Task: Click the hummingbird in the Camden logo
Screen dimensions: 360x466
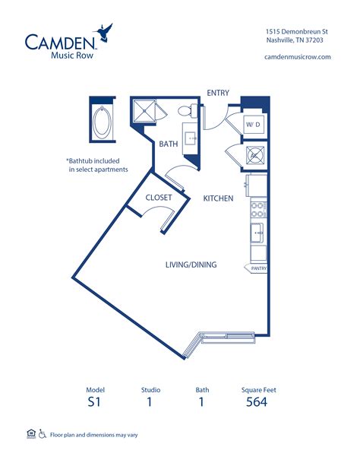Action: click(x=103, y=32)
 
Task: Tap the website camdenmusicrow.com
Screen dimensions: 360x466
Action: click(x=297, y=57)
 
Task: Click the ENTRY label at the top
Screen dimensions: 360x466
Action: click(x=218, y=93)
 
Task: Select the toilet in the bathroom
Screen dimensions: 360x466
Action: click(x=188, y=111)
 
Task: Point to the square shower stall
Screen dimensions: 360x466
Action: click(x=144, y=111)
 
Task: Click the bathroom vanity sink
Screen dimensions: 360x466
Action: click(x=190, y=138)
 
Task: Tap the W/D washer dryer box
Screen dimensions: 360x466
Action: click(x=253, y=125)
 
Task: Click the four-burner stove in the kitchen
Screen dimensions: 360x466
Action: click(x=257, y=209)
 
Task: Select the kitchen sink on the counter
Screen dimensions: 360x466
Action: click(x=257, y=233)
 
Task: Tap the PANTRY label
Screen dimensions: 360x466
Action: click(x=259, y=268)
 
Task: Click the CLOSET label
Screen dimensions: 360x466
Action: click(x=159, y=198)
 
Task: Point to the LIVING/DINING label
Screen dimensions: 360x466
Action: click(x=191, y=265)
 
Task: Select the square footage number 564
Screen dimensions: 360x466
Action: click(x=257, y=402)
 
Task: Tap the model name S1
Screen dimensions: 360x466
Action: click(x=94, y=402)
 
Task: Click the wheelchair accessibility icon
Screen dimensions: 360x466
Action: click(x=43, y=434)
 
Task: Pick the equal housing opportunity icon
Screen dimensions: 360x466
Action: click(x=31, y=434)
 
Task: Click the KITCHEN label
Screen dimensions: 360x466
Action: click(x=218, y=198)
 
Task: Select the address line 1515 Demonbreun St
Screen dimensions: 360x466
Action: click(x=297, y=31)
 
